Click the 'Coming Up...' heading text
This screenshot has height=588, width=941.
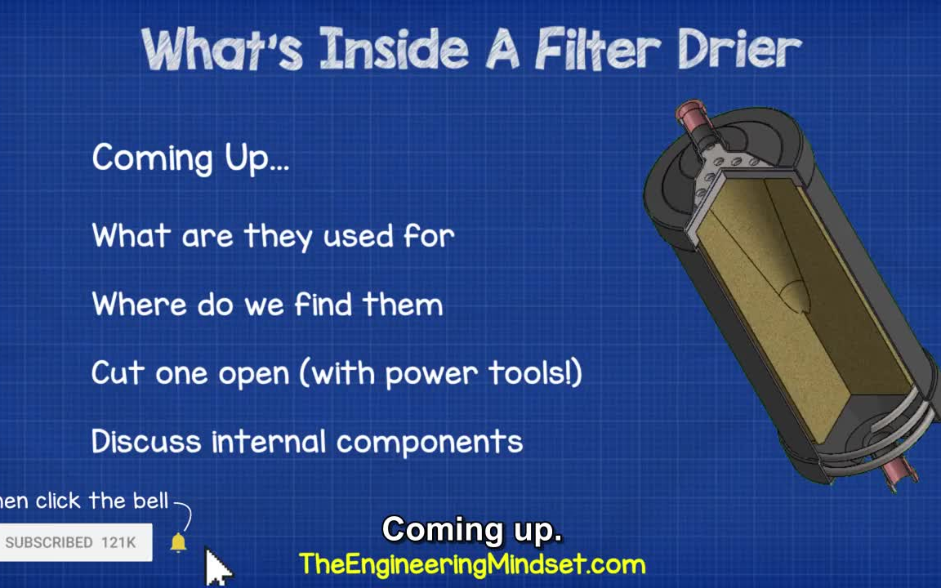pyautogui.click(x=190, y=158)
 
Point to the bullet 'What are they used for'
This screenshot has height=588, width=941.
pyautogui.click(x=273, y=237)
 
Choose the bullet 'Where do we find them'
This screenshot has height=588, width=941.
pyautogui.click(x=267, y=305)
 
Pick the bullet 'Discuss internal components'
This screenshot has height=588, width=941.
pyautogui.click(x=306, y=442)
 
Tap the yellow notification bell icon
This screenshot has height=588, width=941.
pyautogui.click(x=178, y=542)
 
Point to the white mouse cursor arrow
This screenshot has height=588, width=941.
pyautogui.click(x=216, y=564)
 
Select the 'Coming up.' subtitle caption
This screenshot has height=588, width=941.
pyautogui.click(x=471, y=530)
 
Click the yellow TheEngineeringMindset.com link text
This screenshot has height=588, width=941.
pyautogui.click(x=471, y=564)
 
